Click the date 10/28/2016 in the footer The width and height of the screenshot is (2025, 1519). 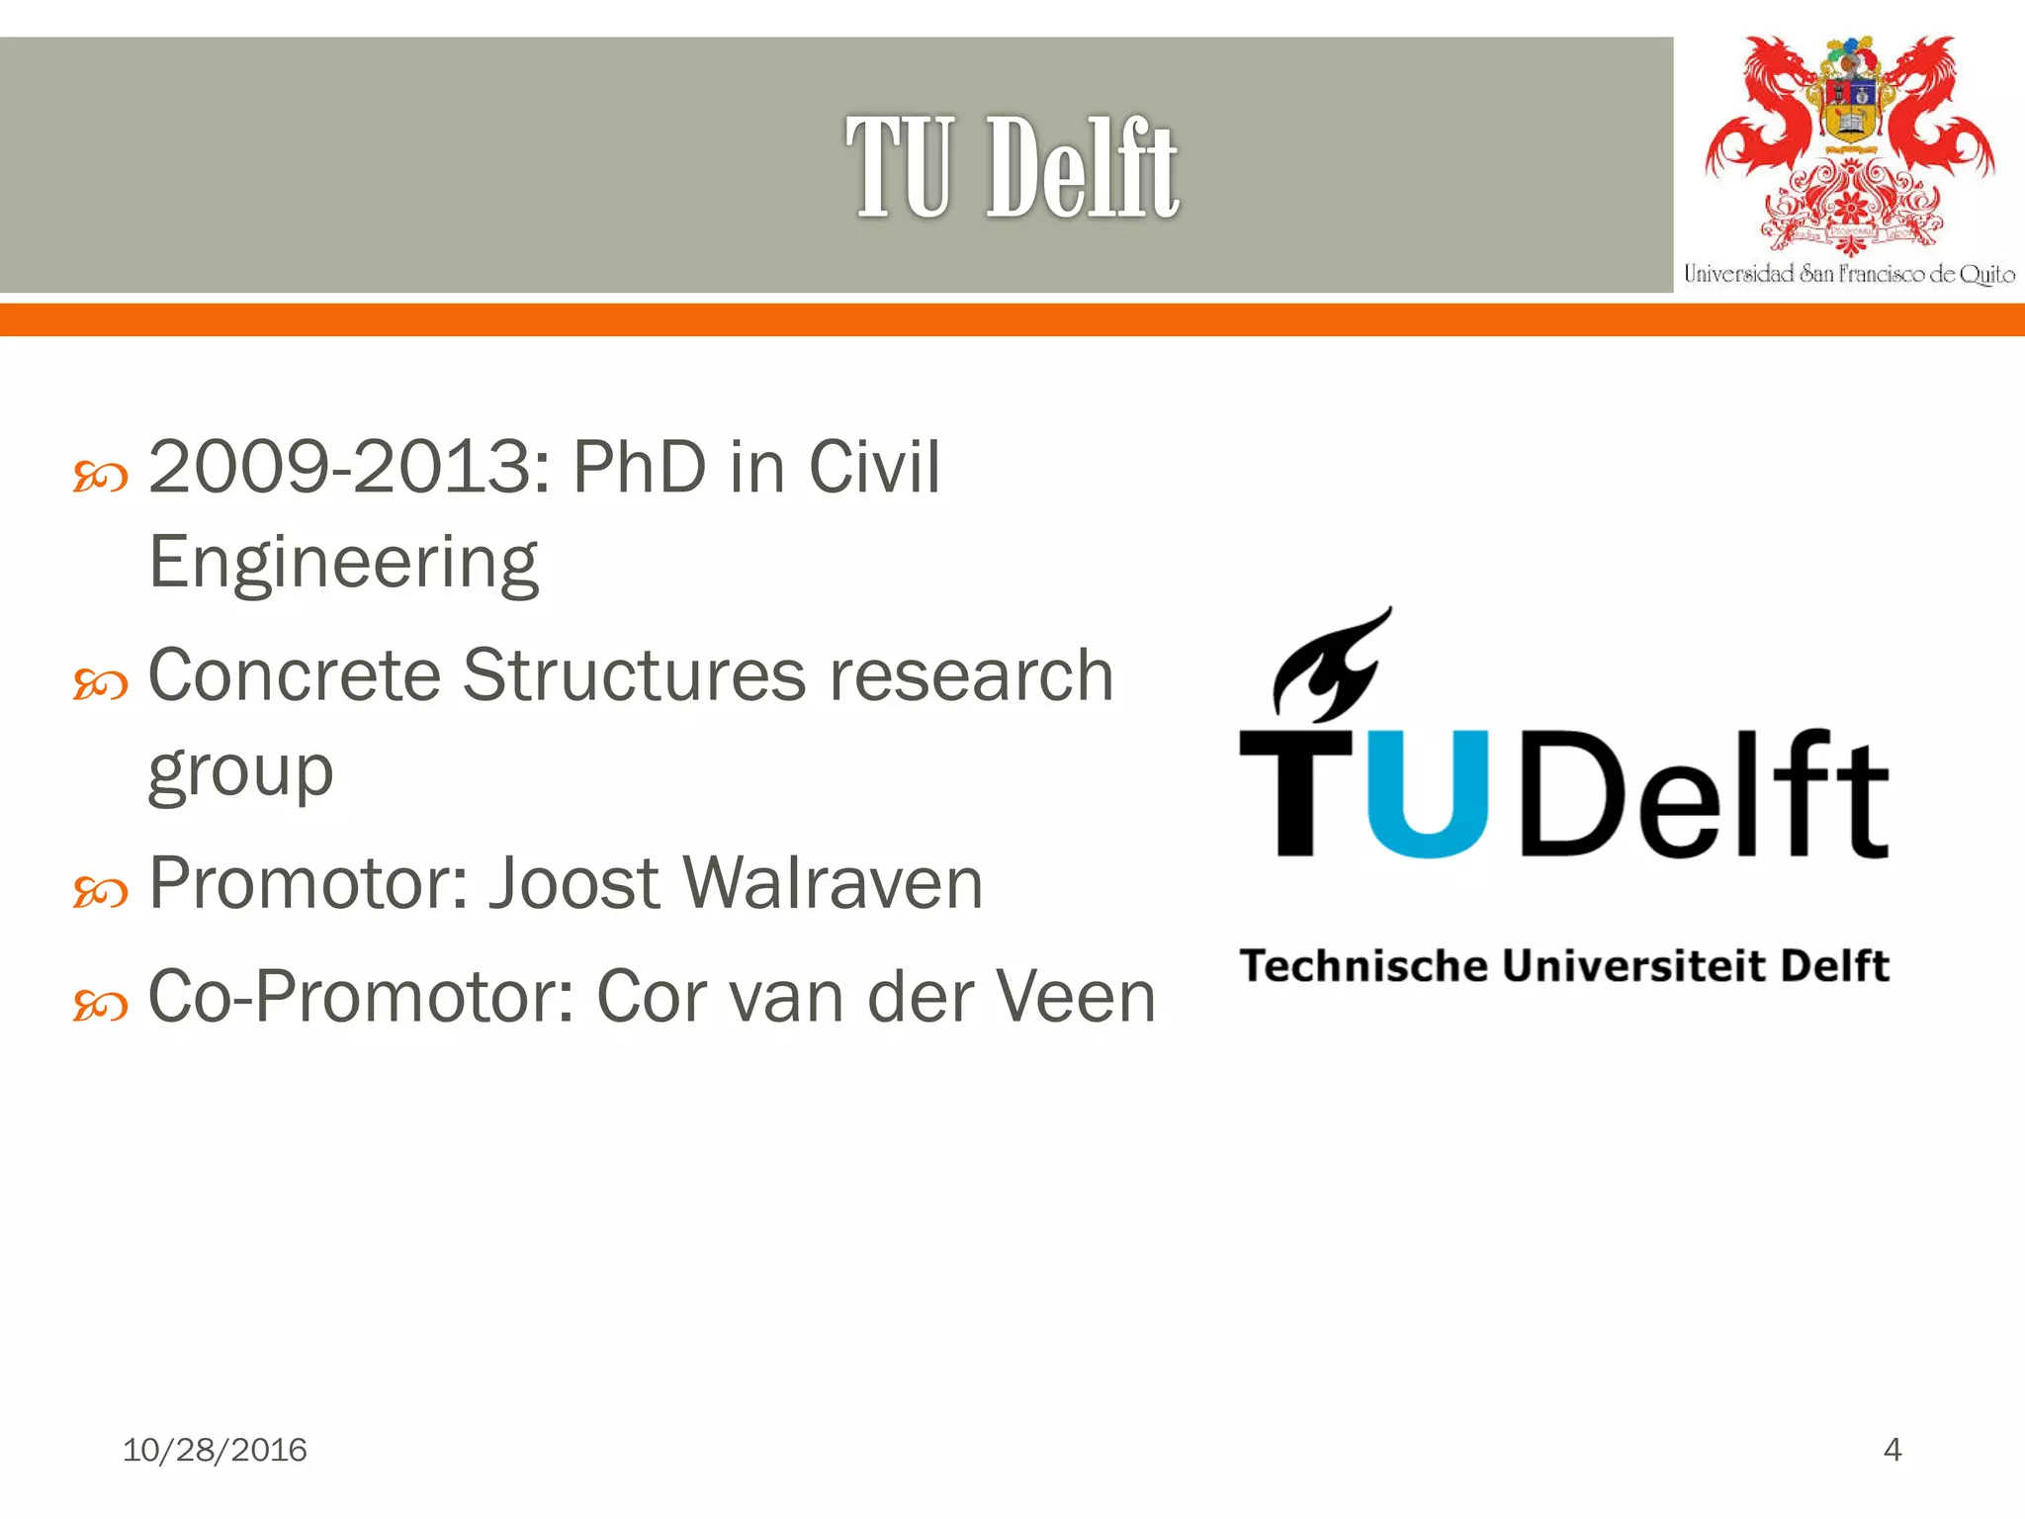(x=215, y=1450)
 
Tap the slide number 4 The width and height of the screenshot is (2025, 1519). (x=1892, y=1450)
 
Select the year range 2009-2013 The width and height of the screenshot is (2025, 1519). (x=339, y=467)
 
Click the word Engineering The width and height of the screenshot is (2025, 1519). (x=343, y=563)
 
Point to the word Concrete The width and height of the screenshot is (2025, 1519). (x=294, y=675)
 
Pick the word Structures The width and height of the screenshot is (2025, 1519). (x=634, y=675)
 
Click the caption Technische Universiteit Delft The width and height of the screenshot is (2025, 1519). (x=1564, y=965)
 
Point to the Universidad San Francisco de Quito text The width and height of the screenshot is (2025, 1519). (x=1848, y=274)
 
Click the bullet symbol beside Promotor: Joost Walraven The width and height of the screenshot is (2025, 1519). (x=100, y=893)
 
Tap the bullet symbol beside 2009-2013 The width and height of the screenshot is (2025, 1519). (x=100, y=478)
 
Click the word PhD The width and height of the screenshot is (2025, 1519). (x=640, y=467)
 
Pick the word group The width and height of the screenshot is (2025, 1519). (x=240, y=772)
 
